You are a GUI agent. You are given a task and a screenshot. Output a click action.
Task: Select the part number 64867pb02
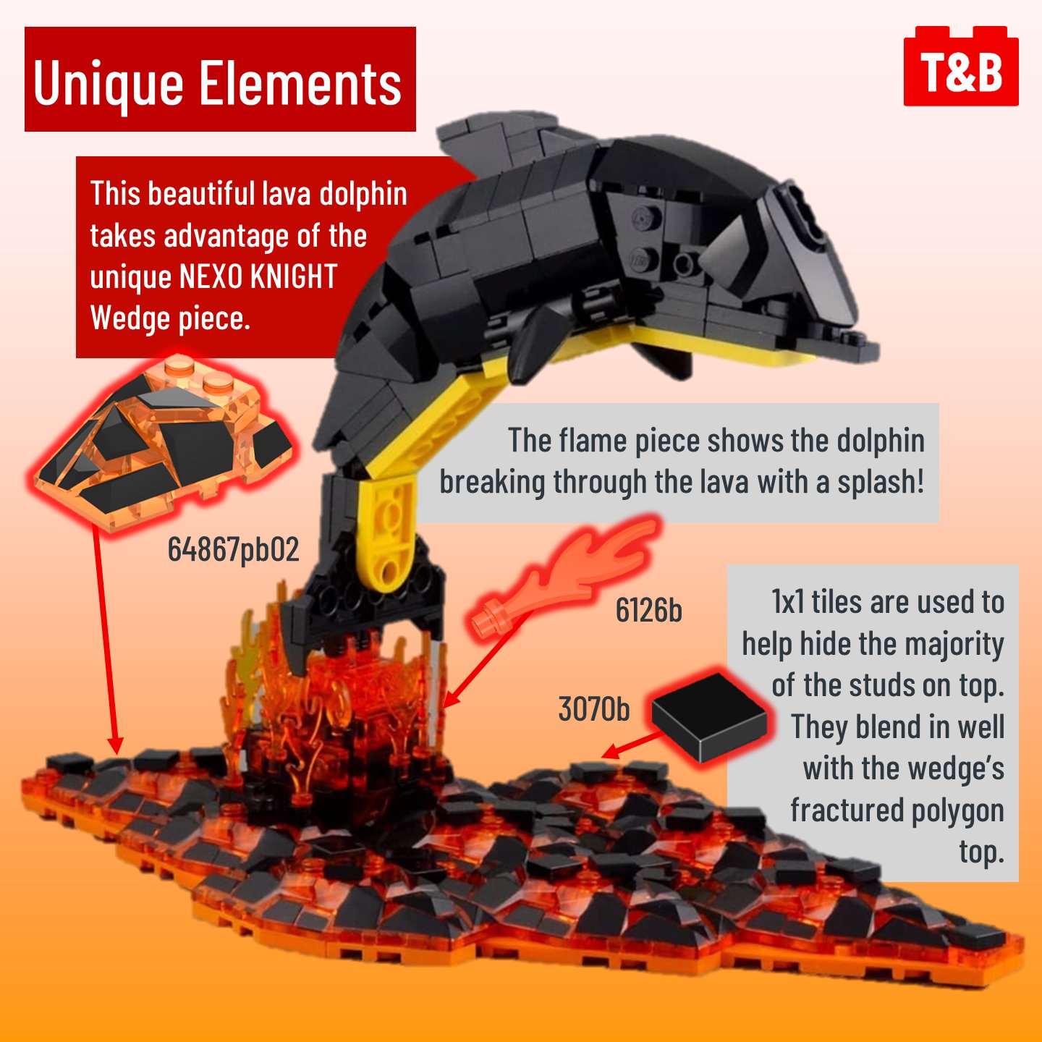[x=233, y=550]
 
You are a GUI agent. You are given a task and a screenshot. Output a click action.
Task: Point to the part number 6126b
[x=648, y=611]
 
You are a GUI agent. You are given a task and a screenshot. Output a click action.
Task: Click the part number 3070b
[x=594, y=709]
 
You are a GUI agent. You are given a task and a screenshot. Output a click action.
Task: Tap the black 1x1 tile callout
[x=709, y=716]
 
